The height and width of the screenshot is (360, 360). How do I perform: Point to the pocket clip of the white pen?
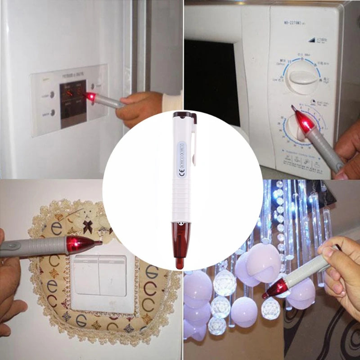pyautogui.click(x=194, y=142)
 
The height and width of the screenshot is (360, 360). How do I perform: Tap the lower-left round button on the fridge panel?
pyautogui.click(x=53, y=113)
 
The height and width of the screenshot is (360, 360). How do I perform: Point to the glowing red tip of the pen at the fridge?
pyautogui.click(x=90, y=96)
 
